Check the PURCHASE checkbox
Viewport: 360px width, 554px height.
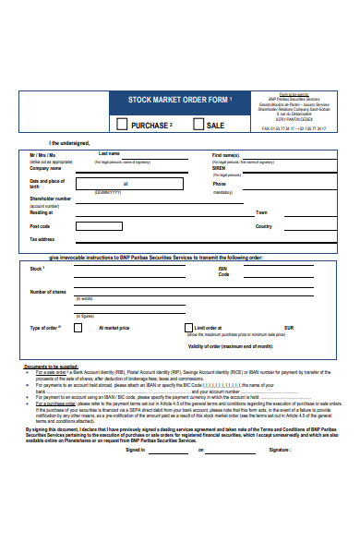(122, 125)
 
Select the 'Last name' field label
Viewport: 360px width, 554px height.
(109, 153)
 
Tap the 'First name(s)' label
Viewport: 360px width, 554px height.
(226, 154)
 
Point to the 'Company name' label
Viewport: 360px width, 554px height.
(45, 168)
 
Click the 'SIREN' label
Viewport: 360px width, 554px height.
(221, 168)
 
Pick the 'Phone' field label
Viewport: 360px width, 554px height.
(220, 183)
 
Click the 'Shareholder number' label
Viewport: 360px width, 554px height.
(51, 198)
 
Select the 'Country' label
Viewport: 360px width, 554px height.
(264, 225)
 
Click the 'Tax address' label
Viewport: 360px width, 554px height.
(42, 239)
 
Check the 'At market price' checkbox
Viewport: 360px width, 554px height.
(78, 328)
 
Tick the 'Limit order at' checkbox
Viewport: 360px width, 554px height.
(189, 328)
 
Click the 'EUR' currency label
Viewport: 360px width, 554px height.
(288, 328)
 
